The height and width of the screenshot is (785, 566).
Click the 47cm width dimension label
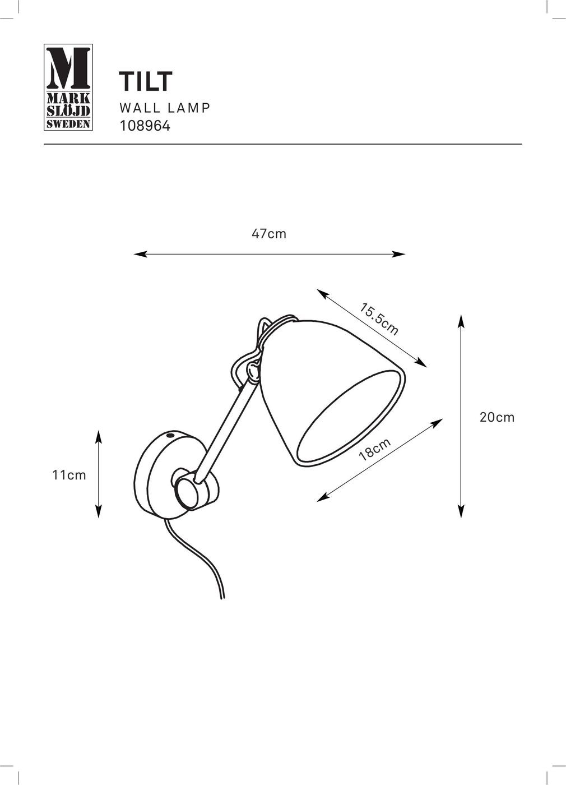coord(269,234)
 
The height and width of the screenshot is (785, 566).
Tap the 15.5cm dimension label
coord(379,319)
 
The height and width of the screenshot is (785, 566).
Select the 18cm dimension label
coord(374,450)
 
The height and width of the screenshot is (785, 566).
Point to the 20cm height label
coord(497,417)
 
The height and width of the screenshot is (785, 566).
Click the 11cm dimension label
coord(69,475)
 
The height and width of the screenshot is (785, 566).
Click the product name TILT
coord(146,81)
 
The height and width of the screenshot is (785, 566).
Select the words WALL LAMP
coord(165,108)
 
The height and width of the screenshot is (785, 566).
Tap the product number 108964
coord(145,126)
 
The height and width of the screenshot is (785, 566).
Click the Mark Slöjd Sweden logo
coord(68,87)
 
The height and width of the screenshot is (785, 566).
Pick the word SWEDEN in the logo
coord(68,124)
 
